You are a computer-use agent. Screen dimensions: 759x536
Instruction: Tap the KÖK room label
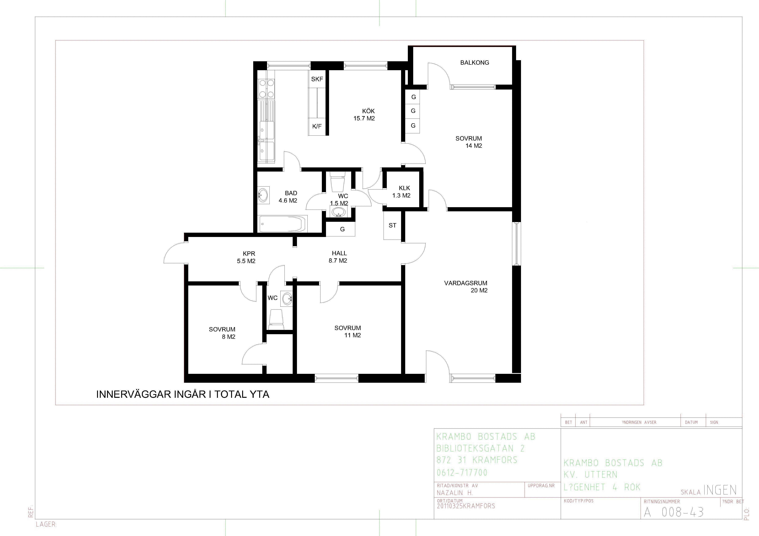tap(368, 111)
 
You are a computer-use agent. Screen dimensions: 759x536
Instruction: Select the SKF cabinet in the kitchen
tap(317, 79)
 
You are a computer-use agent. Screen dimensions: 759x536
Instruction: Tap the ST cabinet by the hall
tap(392, 225)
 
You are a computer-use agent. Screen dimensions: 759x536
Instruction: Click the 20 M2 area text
tap(479, 290)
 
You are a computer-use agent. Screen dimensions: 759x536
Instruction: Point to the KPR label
tap(249, 254)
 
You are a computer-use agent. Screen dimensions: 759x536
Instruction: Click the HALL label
tap(339, 253)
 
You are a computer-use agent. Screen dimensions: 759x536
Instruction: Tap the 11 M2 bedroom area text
tap(352, 335)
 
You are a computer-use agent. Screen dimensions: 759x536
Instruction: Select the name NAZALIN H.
tap(455, 493)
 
